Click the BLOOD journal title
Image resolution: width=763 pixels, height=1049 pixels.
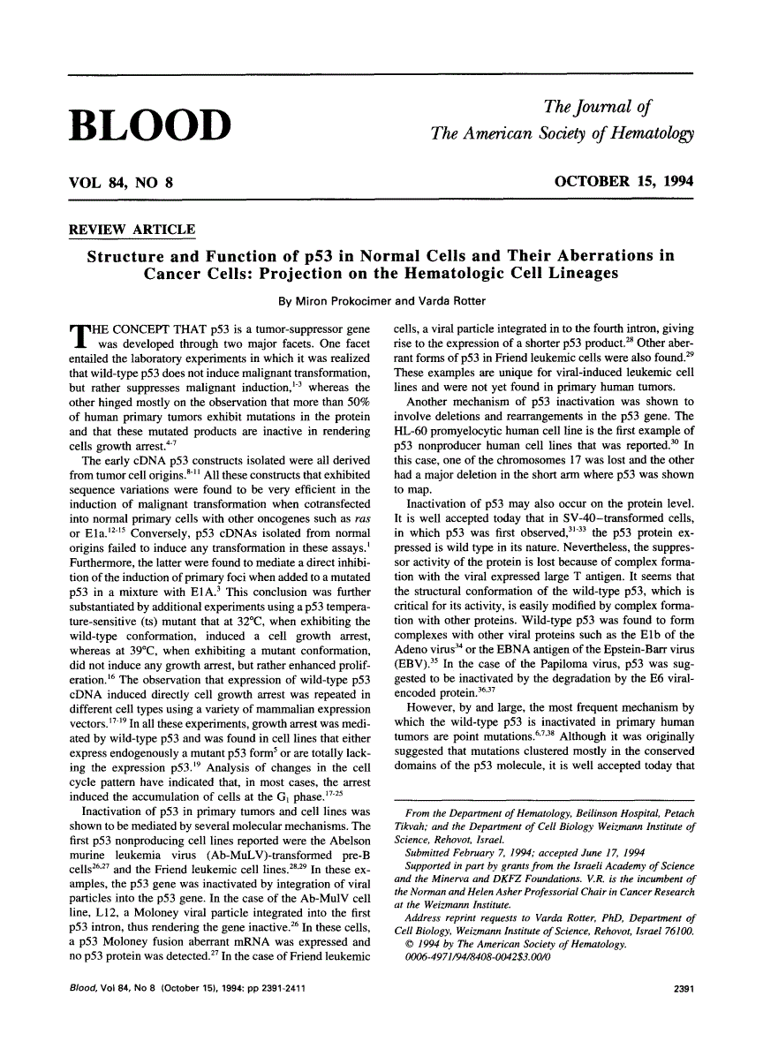150,125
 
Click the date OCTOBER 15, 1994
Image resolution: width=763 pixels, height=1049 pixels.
623,182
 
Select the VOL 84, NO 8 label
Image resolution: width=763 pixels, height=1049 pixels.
121,183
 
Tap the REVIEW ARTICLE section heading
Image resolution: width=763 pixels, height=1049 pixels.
132,230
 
